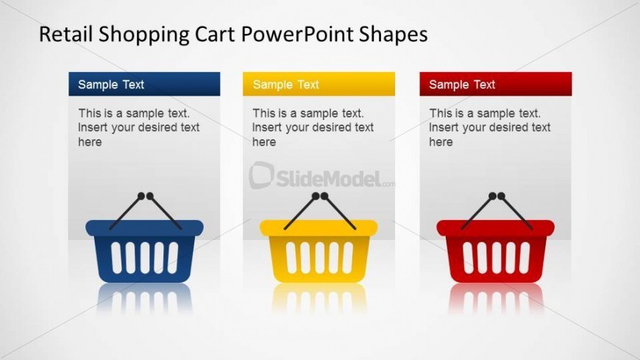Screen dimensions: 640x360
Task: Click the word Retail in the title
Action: point(65,34)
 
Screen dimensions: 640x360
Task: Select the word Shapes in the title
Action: point(394,35)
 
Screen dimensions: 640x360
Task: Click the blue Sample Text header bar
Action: point(144,84)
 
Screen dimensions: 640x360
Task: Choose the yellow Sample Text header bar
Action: point(319,84)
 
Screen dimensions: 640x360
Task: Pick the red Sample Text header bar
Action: point(496,84)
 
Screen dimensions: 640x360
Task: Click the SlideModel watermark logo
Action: point(321,176)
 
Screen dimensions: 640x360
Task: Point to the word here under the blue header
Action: point(90,142)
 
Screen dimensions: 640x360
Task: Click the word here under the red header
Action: point(441,142)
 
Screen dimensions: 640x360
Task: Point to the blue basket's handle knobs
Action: point(146,196)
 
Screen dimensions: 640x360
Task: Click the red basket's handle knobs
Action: point(497,196)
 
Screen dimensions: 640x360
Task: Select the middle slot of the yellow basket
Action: point(319,258)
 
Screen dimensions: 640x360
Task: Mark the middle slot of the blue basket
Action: point(144,258)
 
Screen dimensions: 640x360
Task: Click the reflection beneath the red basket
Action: point(496,299)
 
